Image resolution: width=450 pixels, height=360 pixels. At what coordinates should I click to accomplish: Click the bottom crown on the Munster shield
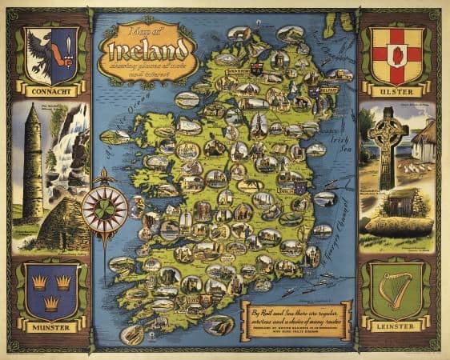pos(50,302)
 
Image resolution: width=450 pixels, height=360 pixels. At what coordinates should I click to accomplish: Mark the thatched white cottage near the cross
pos(424,144)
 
